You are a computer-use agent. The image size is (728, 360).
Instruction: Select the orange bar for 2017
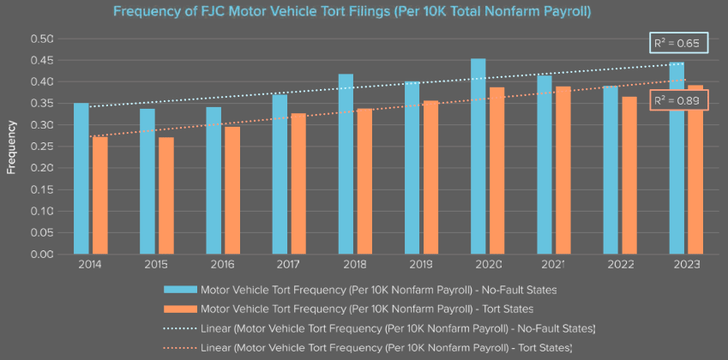point(298,184)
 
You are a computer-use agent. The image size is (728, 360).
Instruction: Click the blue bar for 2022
point(611,171)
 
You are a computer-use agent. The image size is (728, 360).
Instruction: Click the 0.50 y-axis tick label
point(42,39)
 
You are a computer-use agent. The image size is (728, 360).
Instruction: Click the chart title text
point(364,12)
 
